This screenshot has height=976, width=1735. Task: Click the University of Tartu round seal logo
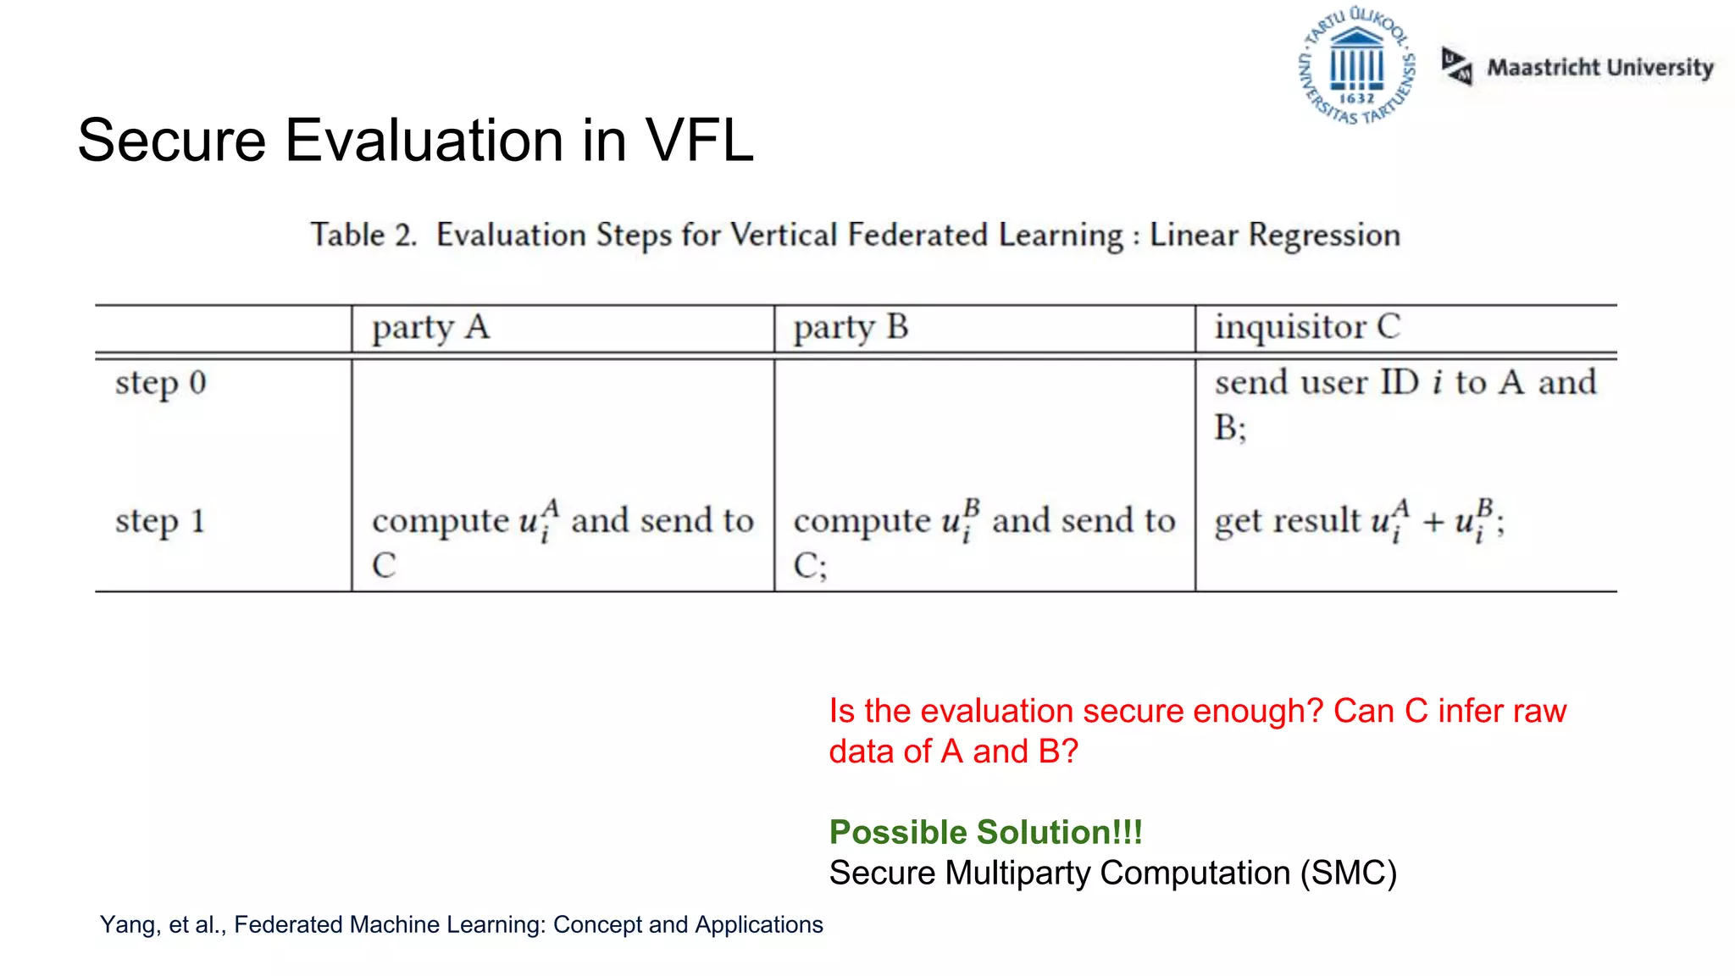(1356, 66)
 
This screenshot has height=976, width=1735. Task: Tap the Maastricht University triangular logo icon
(1456, 66)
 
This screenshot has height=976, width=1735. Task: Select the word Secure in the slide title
(172, 141)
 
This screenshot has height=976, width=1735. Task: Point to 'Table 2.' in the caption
(363, 235)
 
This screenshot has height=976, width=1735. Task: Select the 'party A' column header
(430, 328)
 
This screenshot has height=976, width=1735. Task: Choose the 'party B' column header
(851, 328)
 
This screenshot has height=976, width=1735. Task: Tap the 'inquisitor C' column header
(1307, 327)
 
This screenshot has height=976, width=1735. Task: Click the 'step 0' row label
(161, 383)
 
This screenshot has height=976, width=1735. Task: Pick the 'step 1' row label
(160, 521)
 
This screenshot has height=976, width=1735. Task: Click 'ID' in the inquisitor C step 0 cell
(1400, 382)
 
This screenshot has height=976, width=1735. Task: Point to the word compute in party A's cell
(440, 521)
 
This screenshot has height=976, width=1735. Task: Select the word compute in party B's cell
(862, 521)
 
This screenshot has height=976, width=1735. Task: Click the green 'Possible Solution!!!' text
(985, 832)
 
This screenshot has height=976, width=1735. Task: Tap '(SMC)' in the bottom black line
(1349, 873)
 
